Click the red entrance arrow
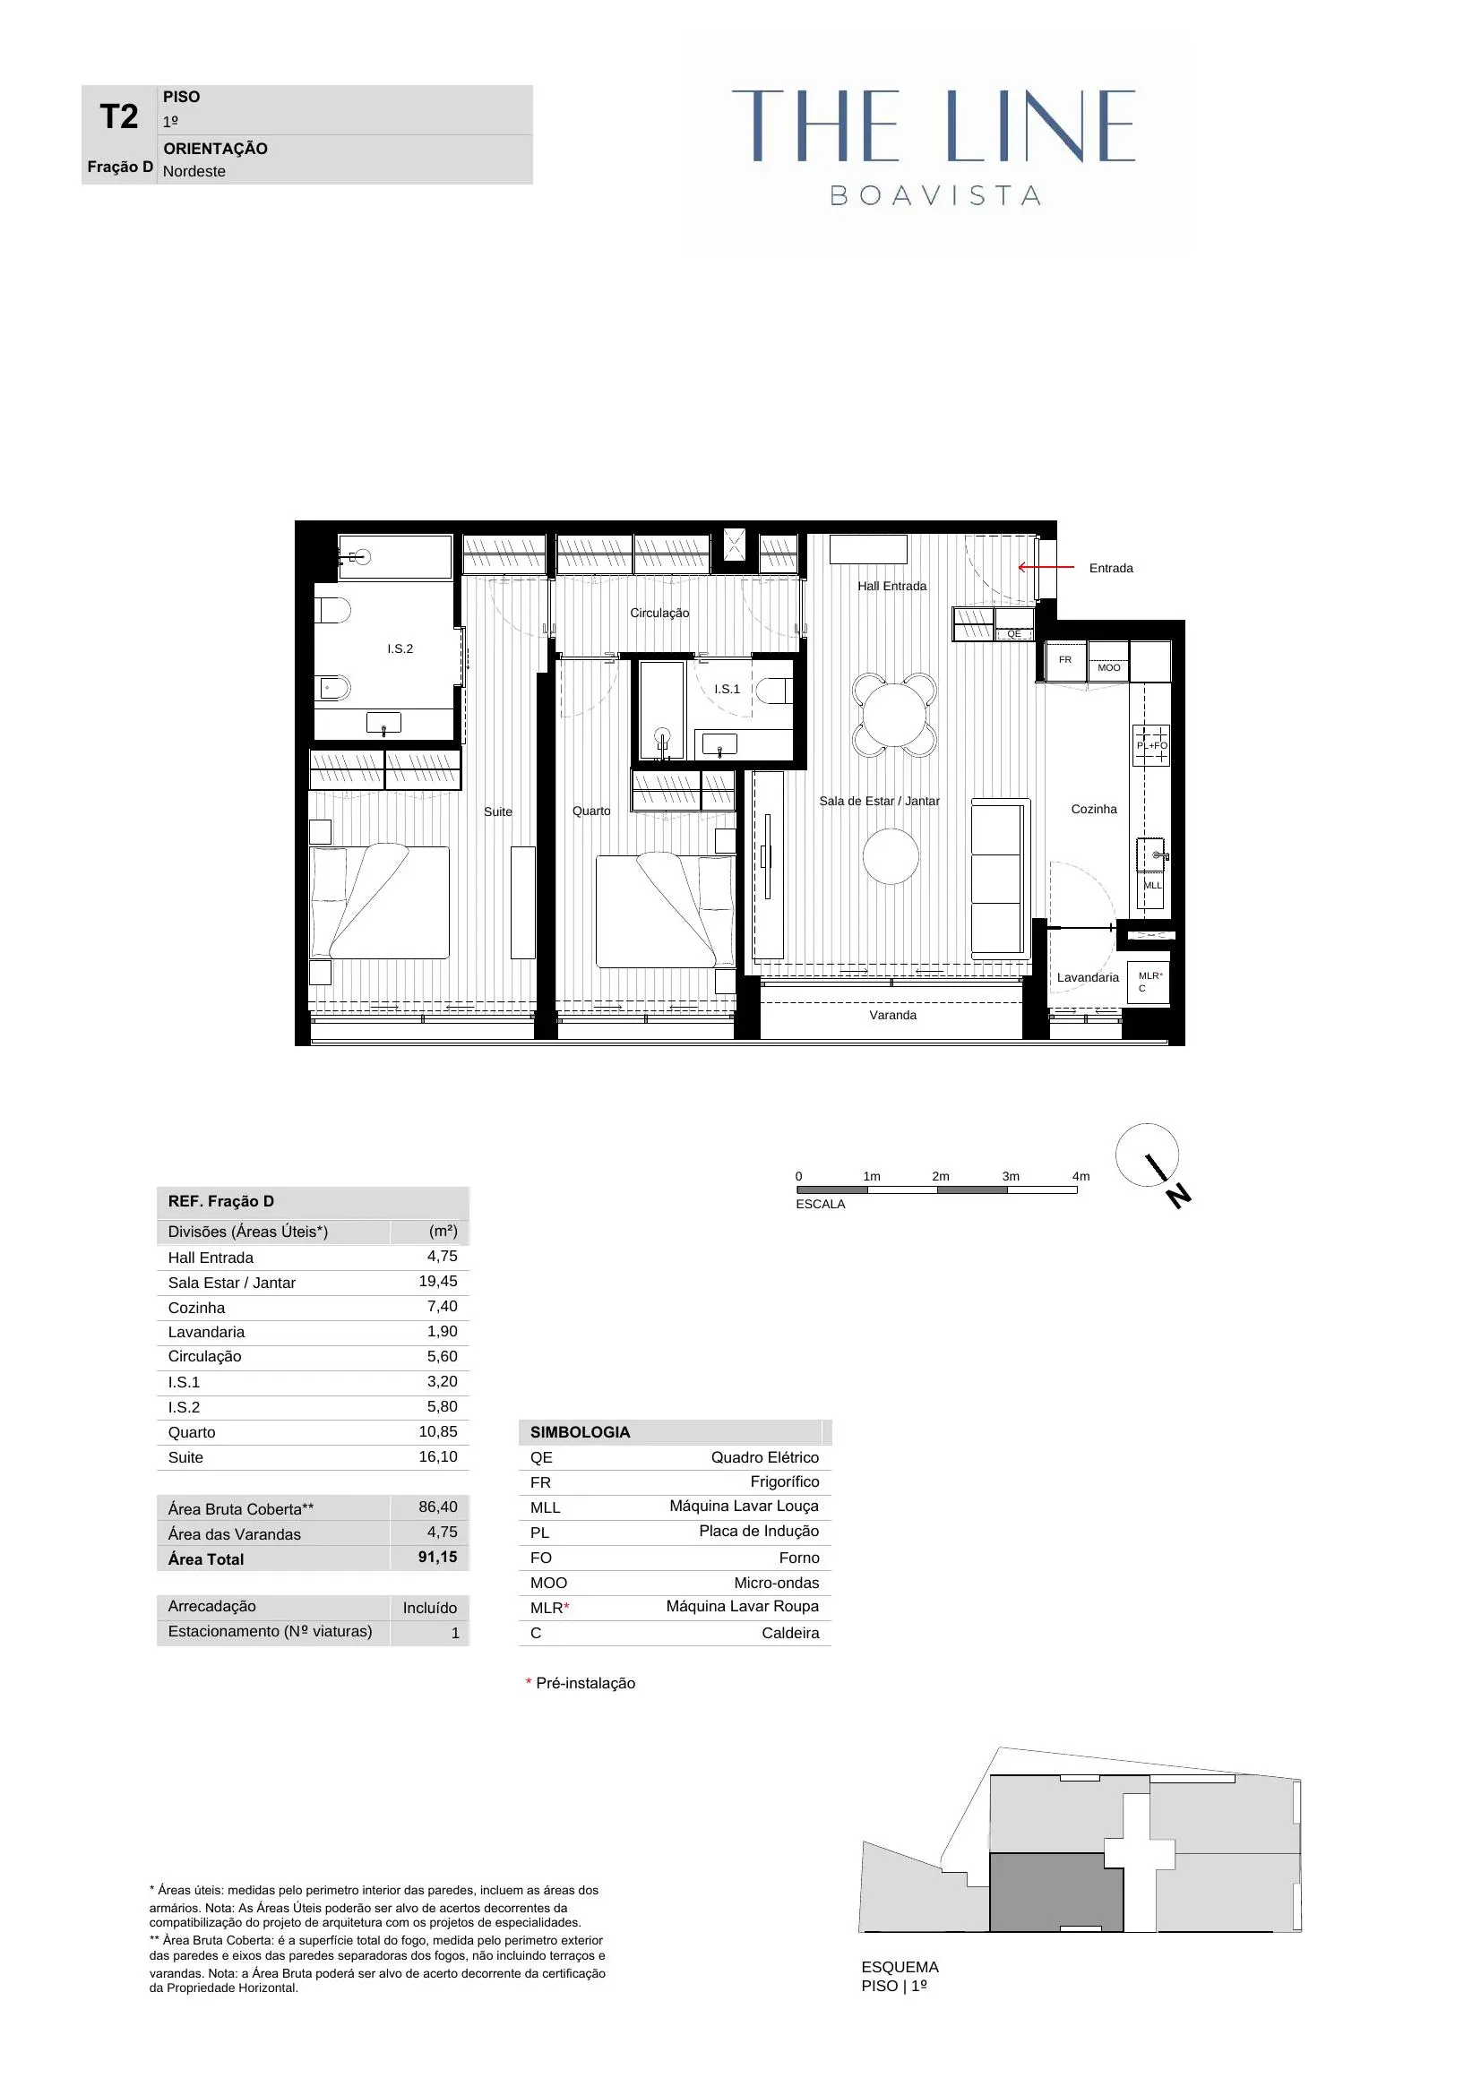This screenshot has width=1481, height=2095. pyautogui.click(x=1046, y=567)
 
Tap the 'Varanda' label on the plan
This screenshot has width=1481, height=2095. pyautogui.click(x=892, y=1015)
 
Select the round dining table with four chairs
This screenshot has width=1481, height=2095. pyautogui.click(x=894, y=716)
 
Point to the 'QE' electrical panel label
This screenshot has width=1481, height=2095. pyautogui.click(x=1014, y=633)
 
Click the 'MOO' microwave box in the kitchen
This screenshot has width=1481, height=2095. pyautogui.click(x=1108, y=667)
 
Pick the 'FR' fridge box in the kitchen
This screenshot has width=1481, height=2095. pyautogui.click(x=1065, y=660)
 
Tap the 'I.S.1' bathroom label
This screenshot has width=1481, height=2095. pyautogui.click(x=728, y=689)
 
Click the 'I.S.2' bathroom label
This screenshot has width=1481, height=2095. pyautogui.click(x=400, y=648)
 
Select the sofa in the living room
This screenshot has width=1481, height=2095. pyautogui.click(x=1000, y=878)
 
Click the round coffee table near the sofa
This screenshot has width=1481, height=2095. pyautogui.click(x=891, y=856)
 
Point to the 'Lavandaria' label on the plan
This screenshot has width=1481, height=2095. pyautogui.click(x=1088, y=977)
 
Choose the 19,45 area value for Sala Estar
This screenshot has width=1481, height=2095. pyautogui.click(x=438, y=1281)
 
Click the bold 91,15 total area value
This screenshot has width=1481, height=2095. pyautogui.click(x=438, y=1557)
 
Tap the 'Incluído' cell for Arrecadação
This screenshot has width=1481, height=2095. pyautogui.click(x=430, y=1608)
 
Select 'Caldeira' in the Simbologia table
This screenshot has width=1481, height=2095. pyautogui.click(x=790, y=1633)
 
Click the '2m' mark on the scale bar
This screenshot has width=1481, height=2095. pyautogui.click(x=940, y=1176)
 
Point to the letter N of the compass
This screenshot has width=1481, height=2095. pyautogui.click(x=1179, y=1196)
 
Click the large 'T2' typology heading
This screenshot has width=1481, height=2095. pyautogui.click(x=118, y=116)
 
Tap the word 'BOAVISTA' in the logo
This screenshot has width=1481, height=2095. pyautogui.click(x=935, y=195)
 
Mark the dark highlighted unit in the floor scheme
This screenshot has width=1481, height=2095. pyautogui.click(x=1055, y=1892)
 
